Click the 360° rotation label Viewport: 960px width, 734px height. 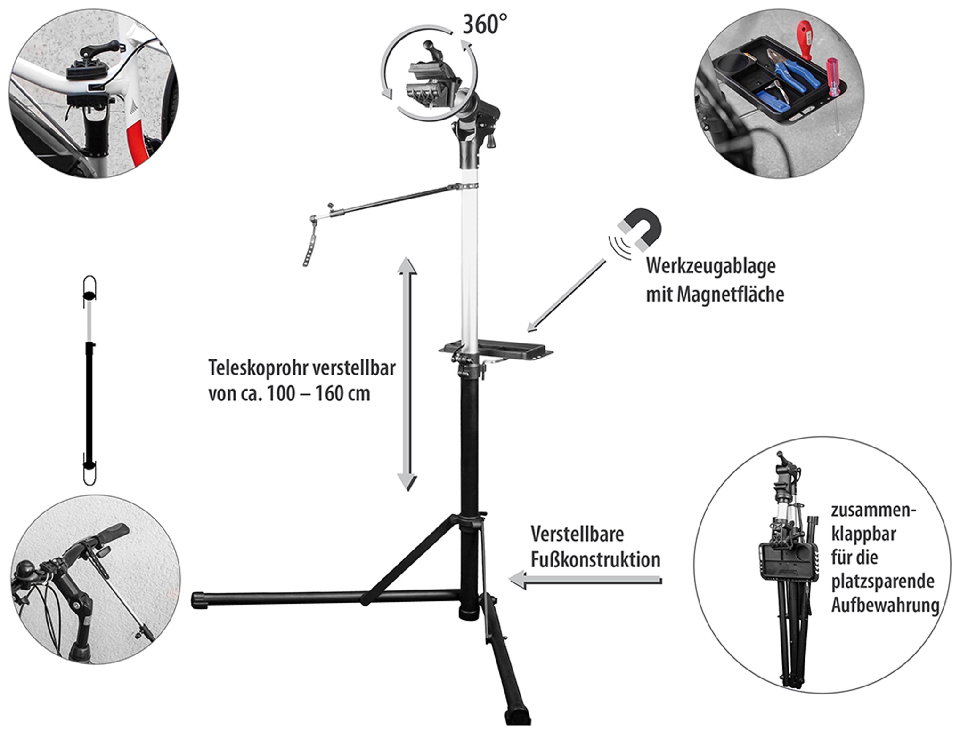[x=485, y=24]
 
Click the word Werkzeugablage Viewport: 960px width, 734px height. [x=710, y=266]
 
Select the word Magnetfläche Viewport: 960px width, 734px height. [x=731, y=295]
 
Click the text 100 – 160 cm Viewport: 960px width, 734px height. [x=318, y=393]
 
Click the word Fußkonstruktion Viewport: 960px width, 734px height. [x=595, y=560]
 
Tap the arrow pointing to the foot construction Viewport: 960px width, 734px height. [x=586, y=580]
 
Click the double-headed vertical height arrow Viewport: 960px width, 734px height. [x=407, y=374]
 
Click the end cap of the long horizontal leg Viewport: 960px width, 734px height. [x=199, y=601]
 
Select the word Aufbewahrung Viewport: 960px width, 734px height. [x=885, y=605]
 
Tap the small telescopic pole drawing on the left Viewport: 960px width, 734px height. [x=89, y=380]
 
